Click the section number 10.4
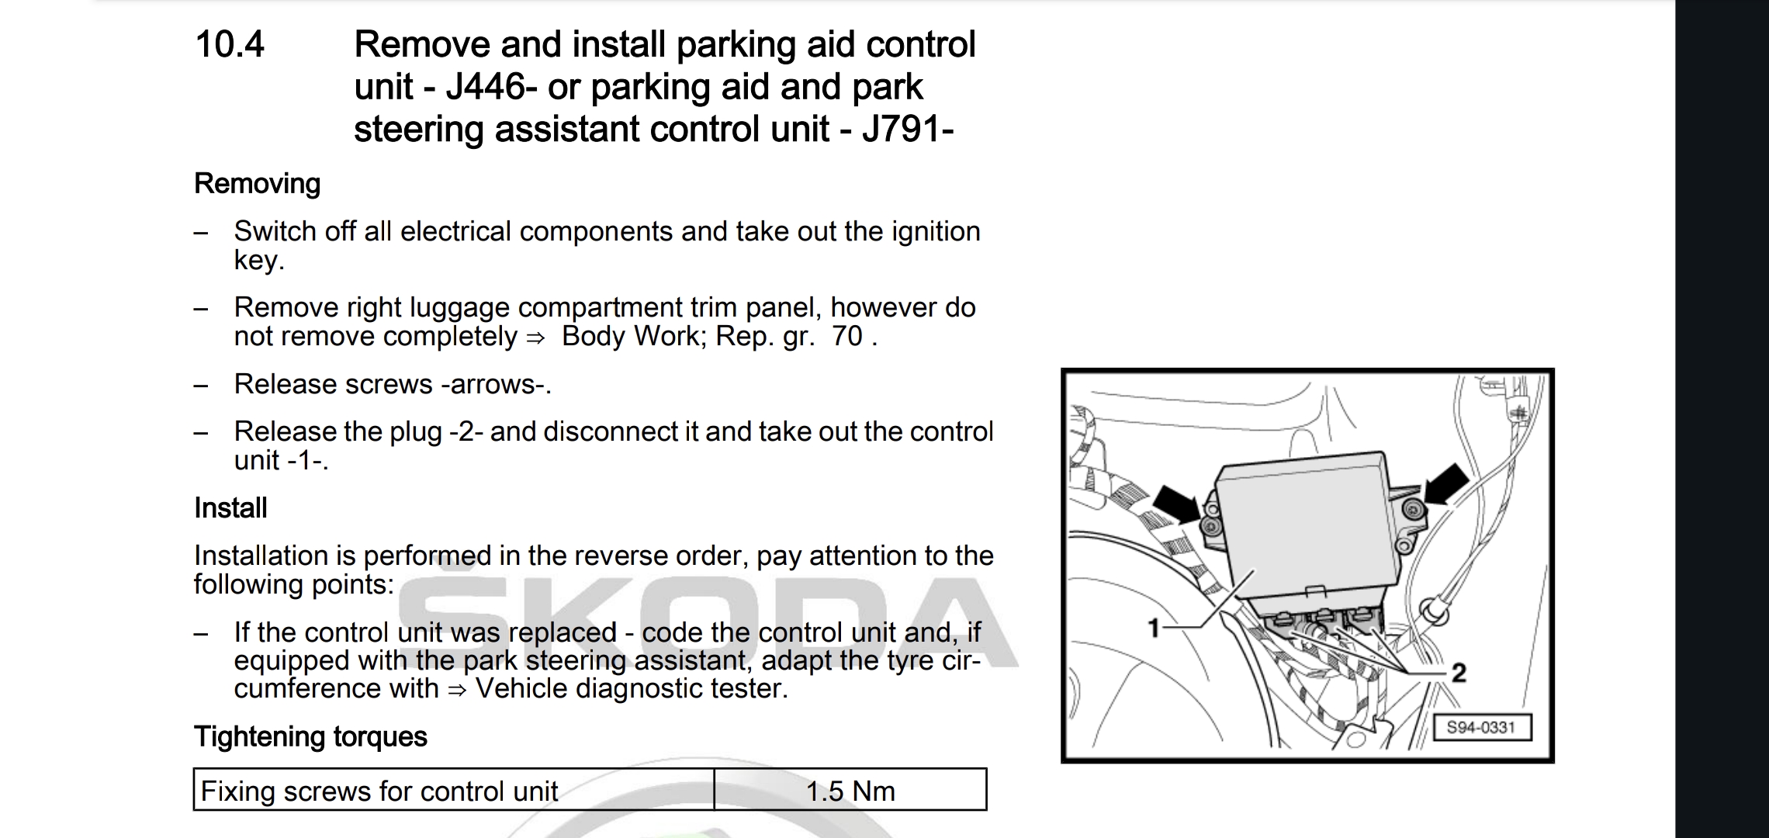coord(230,44)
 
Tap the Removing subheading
coord(257,184)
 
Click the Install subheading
coord(230,508)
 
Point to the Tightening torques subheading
coord(310,736)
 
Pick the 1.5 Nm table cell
coord(850,791)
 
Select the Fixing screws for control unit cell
coord(379,791)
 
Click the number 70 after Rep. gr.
coord(846,337)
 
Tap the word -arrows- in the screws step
coord(493,385)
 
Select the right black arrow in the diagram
coord(1445,484)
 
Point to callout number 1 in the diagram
coord(1154,627)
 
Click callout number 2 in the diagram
coord(1459,672)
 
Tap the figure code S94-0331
coord(1480,728)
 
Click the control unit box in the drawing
coord(1319,528)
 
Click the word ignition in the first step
coord(936,231)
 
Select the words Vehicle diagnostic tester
coord(632,689)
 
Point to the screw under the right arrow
coord(1413,510)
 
